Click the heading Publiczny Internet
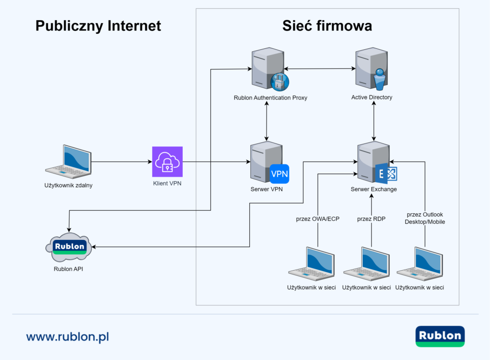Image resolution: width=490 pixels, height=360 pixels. point(98,26)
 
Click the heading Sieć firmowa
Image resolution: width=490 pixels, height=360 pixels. point(327,26)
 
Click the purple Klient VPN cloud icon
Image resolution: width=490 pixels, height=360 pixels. point(167,162)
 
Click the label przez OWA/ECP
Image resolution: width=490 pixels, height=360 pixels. point(318,219)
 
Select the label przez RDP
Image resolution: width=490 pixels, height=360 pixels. point(371,219)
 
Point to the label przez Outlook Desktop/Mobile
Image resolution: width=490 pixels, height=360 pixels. point(425,218)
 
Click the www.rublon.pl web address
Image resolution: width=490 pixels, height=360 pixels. point(67,337)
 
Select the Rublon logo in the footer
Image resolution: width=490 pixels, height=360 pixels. point(440,336)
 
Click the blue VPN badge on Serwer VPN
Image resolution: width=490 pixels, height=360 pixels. point(279,174)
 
